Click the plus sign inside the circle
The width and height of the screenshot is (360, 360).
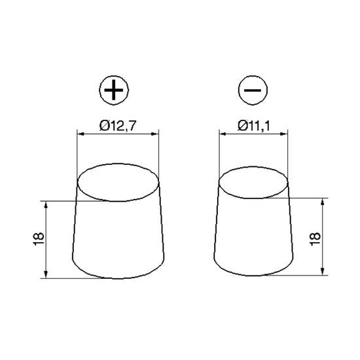coord(114,91)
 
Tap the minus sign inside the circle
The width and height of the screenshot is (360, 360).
coord(251,91)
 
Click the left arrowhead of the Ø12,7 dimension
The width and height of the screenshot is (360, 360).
coord(81,134)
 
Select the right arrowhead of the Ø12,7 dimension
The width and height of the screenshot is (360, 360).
coord(156,134)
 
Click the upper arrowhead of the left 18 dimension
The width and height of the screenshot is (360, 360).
coord(46,204)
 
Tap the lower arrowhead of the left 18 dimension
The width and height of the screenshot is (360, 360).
coord(46,275)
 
